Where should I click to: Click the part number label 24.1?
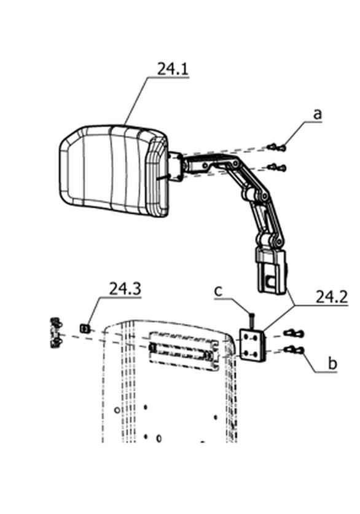(173, 69)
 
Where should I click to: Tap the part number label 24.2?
(331, 297)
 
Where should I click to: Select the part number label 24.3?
(125, 289)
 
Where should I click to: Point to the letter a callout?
(317, 114)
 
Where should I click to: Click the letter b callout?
(332, 363)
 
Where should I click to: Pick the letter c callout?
(218, 291)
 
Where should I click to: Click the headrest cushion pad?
(114, 171)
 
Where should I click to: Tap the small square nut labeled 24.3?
(85, 327)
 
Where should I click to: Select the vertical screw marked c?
(251, 321)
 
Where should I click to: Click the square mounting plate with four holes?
(252, 345)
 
